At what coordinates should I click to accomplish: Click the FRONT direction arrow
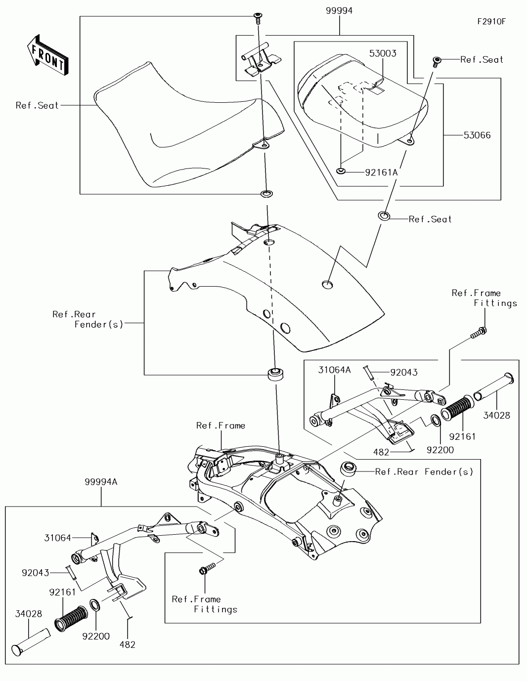(47, 55)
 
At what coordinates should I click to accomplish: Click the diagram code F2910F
(491, 22)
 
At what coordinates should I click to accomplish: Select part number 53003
(383, 53)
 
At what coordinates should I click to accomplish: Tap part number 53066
(477, 135)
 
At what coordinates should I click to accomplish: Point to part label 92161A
(381, 172)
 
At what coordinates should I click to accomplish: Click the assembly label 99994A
(101, 482)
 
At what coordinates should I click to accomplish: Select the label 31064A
(334, 370)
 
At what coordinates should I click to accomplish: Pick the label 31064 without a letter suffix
(57, 538)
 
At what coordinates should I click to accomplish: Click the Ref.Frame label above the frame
(220, 426)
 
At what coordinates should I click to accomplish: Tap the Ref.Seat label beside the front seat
(37, 105)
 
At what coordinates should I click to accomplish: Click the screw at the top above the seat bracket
(258, 18)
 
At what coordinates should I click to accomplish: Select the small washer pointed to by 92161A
(341, 171)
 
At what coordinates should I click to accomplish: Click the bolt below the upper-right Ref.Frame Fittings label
(479, 334)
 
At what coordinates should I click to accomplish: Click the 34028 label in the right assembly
(496, 416)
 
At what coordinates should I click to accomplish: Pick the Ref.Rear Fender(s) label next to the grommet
(424, 471)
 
